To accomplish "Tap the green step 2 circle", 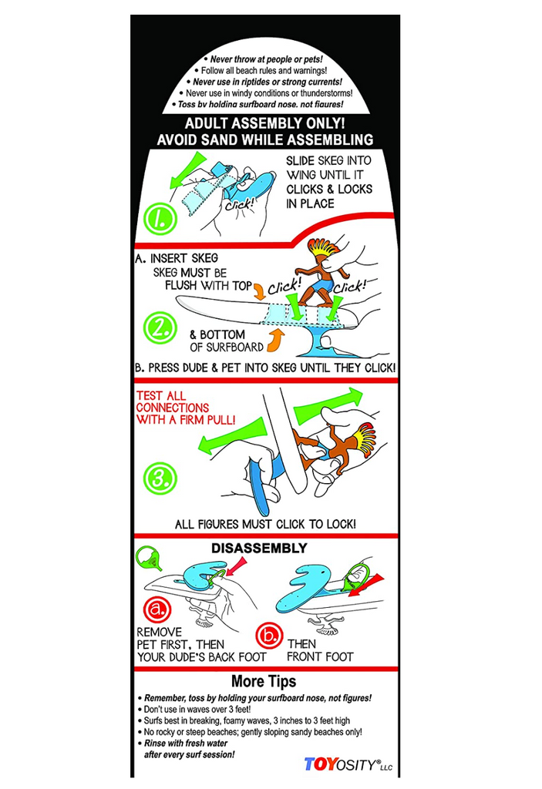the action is (x=160, y=327).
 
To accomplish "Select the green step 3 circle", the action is (x=160, y=478).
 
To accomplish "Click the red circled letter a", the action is (x=157, y=609).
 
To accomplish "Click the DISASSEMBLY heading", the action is (x=259, y=548).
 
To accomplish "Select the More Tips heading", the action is (x=264, y=681).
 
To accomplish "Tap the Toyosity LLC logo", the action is (x=348, y=764).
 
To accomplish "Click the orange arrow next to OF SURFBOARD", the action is (x=274, y=340).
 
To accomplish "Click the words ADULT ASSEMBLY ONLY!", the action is (x=265, y=123).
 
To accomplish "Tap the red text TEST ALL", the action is (x=160, y=396).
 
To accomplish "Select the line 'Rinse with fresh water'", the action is (x=183, y=744).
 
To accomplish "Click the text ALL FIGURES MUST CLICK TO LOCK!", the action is (x=265, y=524).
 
